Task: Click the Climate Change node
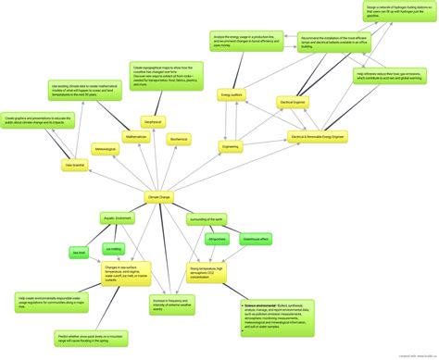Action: [x=159, y=197]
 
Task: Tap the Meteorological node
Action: [x=105, y=148]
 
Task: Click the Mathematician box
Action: [x=137, y=137]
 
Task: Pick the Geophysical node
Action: [x=153, y=122]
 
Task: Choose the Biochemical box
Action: [x=179, y=139]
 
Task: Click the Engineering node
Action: [x=232, y=146]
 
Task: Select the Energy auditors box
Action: [x=231, y=94]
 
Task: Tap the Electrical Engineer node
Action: [x=293, y=103]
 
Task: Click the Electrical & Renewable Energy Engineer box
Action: [x=318, y=137]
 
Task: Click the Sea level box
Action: [x=79, y=251]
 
